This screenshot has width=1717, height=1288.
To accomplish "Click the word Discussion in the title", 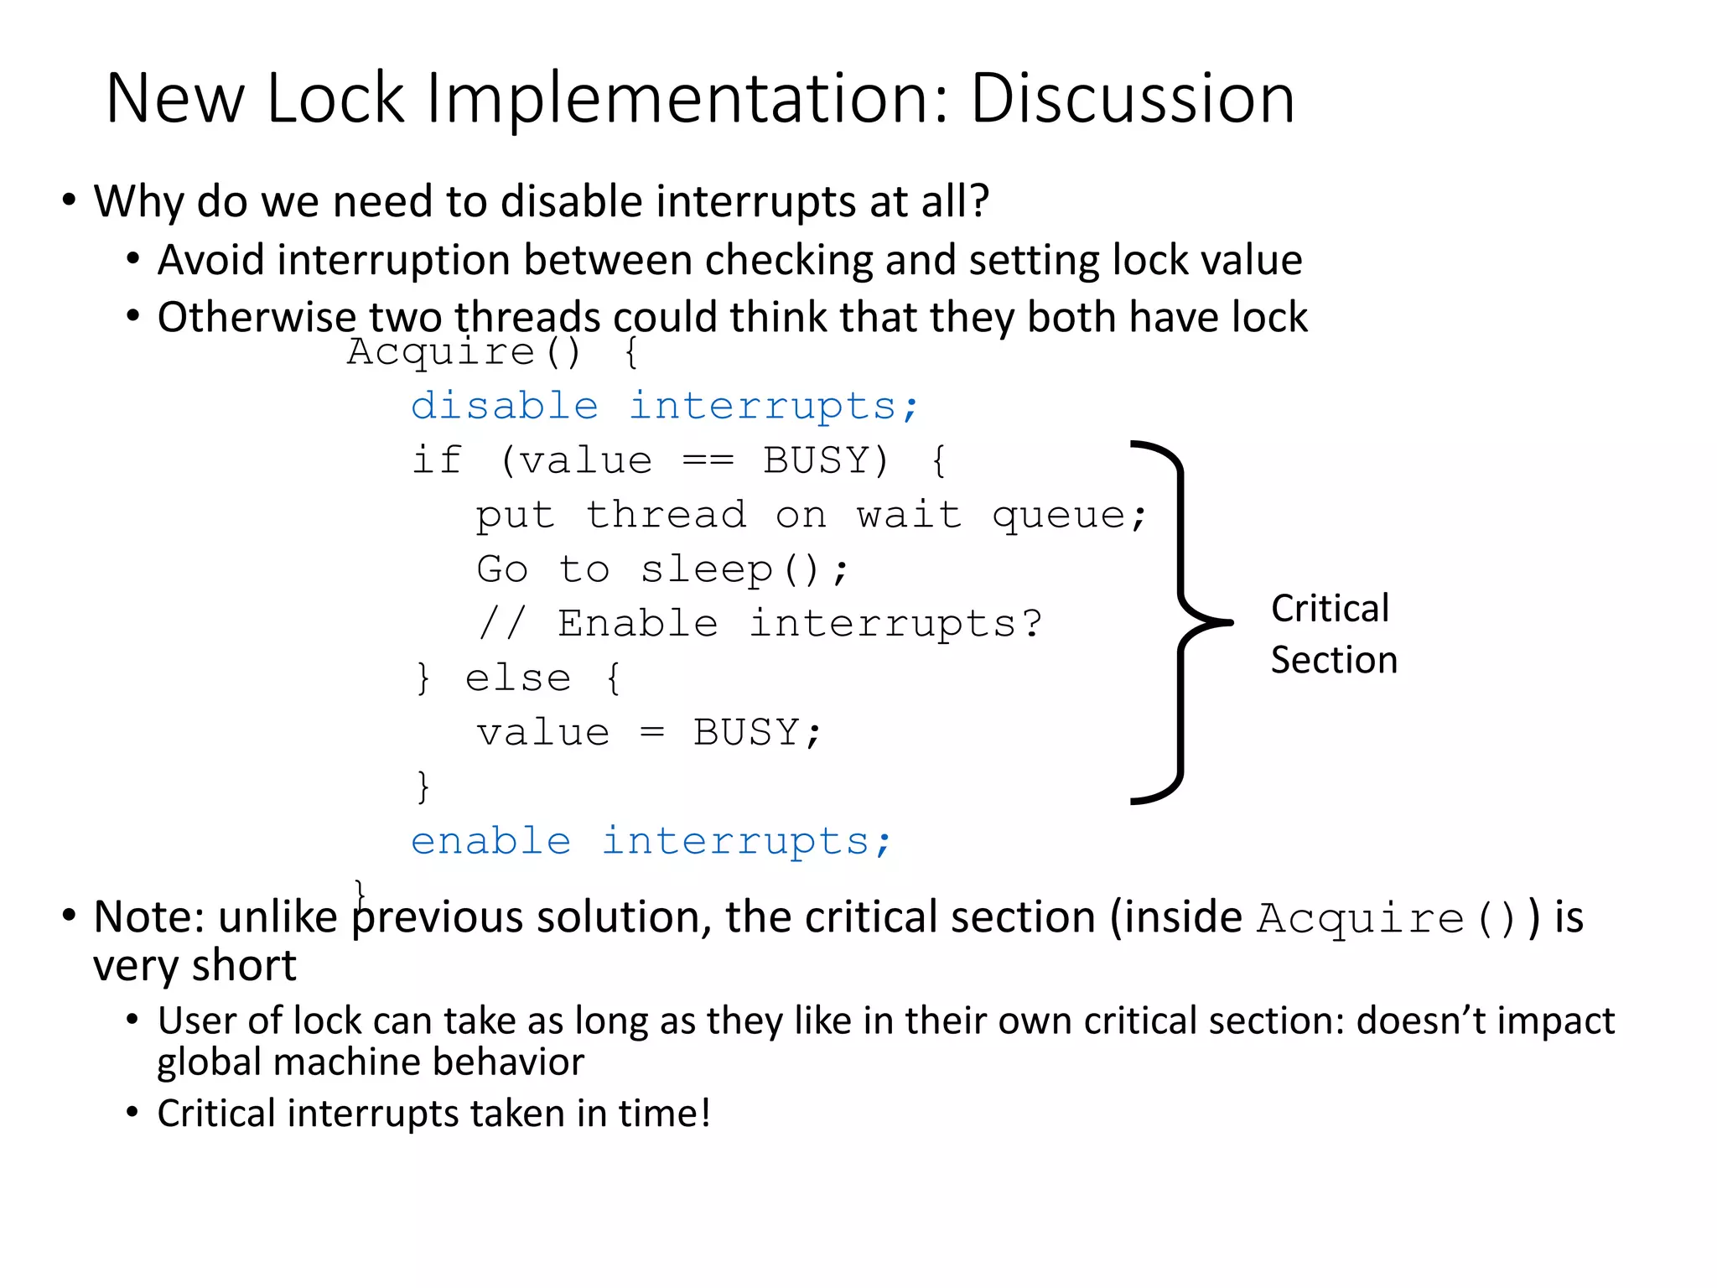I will pyautogui.click(x=1132, y=99).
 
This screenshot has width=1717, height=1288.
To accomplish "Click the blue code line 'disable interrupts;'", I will pyautogui.click(x=665, y=407).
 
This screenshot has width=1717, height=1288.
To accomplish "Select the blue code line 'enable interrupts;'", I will pyautogui.click(x=651, y=841).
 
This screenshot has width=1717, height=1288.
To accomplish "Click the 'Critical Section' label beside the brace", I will pyautogui.click(x=1333, y=634).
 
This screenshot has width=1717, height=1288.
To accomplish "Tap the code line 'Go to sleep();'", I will pyautogui.click(x=662, y=570).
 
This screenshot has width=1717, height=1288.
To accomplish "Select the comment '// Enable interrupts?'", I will pyautogui.click(x=760, y=624).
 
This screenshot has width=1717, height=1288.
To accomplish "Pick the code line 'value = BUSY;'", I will pyautogui.click(x=649, y=733).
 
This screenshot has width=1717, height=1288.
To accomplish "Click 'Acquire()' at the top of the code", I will pyautogui.click(x=464, y=351).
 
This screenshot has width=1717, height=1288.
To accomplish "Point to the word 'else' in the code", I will pyautogui.click(x=518, y=678).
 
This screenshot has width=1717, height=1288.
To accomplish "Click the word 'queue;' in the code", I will pyautogui.click(x=1069, y=515).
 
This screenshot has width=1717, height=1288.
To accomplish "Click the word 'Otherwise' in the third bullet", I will pyautogui.click(x=257, y=318).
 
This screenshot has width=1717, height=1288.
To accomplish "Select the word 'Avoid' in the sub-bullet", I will pyautogui.click(x=211, y=260).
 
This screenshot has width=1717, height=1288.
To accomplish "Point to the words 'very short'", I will pyautogui.click(x=195, y=966).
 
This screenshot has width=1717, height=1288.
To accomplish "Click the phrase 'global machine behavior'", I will pyautogui.click(x=371, y=1062).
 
